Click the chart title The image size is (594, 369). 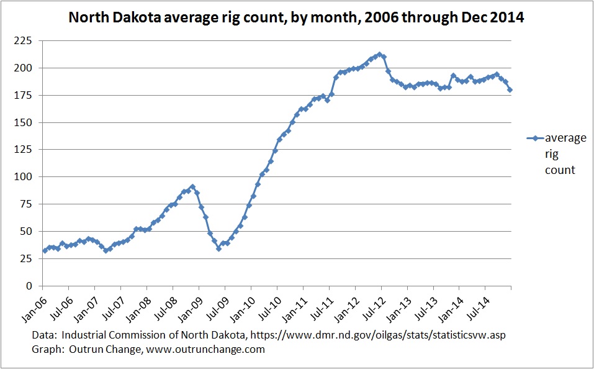point(296,17)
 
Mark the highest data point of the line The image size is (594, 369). point(380,54)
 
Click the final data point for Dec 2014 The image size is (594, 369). point(510,89)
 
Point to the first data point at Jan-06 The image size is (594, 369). point(45,251)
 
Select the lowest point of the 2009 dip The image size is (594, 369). point(218,248)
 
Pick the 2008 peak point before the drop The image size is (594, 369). point(192,186)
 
